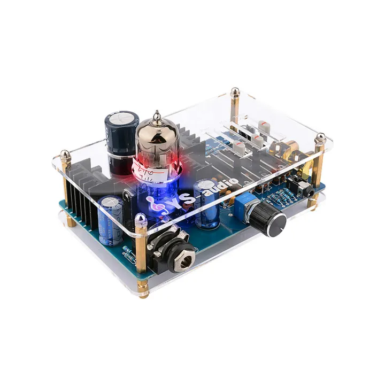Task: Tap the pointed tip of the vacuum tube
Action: point(156,114)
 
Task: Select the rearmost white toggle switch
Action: point(263,126)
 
